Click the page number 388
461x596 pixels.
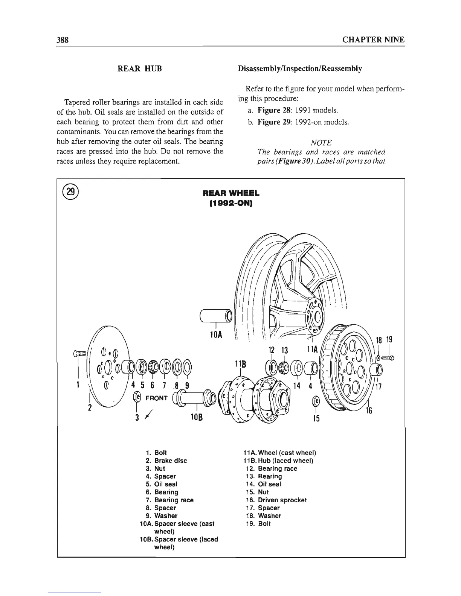tap(62, 40)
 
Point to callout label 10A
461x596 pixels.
tap(215, 334)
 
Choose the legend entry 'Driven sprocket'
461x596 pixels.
tap(282, 500)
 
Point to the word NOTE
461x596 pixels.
tap(321, 143)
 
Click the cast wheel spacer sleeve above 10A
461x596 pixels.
tap(215, 315)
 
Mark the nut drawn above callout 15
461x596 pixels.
tap(316, 401)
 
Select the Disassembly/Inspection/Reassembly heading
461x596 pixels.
tap(300, 69)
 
